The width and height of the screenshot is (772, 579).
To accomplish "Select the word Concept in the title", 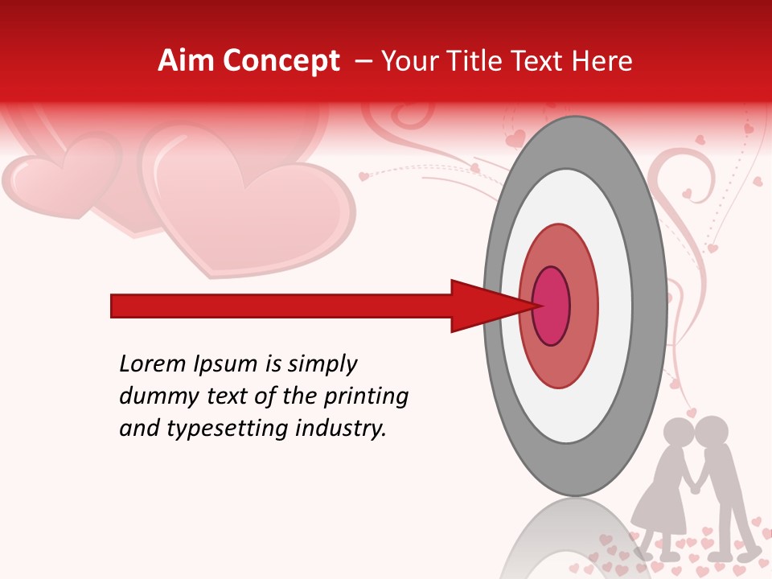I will (x=281, y=61).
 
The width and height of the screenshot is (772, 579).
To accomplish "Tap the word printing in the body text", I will (x=366, y=396).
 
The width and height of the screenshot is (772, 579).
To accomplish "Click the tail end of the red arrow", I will (x=117, y=306).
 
